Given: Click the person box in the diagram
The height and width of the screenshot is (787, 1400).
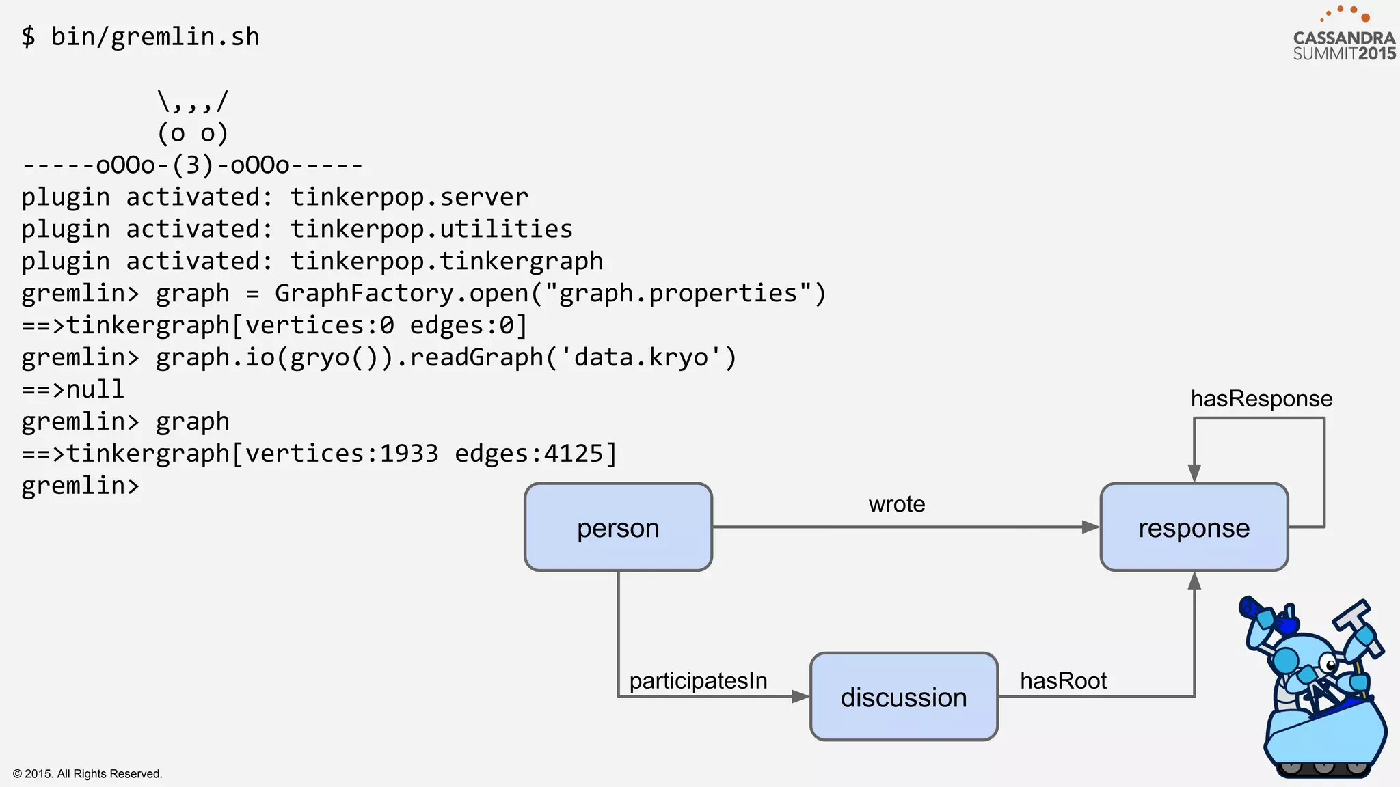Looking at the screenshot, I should point(618,527).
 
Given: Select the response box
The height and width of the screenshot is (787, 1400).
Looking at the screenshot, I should point(1194,527).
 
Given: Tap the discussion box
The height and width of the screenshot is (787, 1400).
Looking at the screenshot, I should point(904,697).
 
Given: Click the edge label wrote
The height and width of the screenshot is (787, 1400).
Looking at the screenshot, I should point(896,504).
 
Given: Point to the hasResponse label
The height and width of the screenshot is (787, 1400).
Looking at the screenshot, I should point(1261,398).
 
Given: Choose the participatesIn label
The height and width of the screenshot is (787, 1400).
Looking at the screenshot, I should point(698,680).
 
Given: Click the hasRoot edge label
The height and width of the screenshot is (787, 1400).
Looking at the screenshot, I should point(1063,680).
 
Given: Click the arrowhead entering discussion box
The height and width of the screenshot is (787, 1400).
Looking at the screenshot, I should point(800,697).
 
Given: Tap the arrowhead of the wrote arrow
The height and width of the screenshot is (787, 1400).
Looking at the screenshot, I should point(1090,527).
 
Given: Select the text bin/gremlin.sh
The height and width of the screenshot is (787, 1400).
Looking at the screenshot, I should point(155,36).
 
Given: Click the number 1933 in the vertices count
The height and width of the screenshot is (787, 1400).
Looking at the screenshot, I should point(409,454).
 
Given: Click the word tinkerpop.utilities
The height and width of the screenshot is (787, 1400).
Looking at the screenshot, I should point(431,229).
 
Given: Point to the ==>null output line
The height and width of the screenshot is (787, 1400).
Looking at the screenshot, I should point(73,389).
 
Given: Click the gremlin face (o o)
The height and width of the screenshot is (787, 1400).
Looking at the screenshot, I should point(192,133).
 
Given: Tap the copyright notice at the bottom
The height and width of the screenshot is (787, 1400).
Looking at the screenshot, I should point(87,773).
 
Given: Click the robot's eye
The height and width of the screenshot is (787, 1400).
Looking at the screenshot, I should point(1330,664).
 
